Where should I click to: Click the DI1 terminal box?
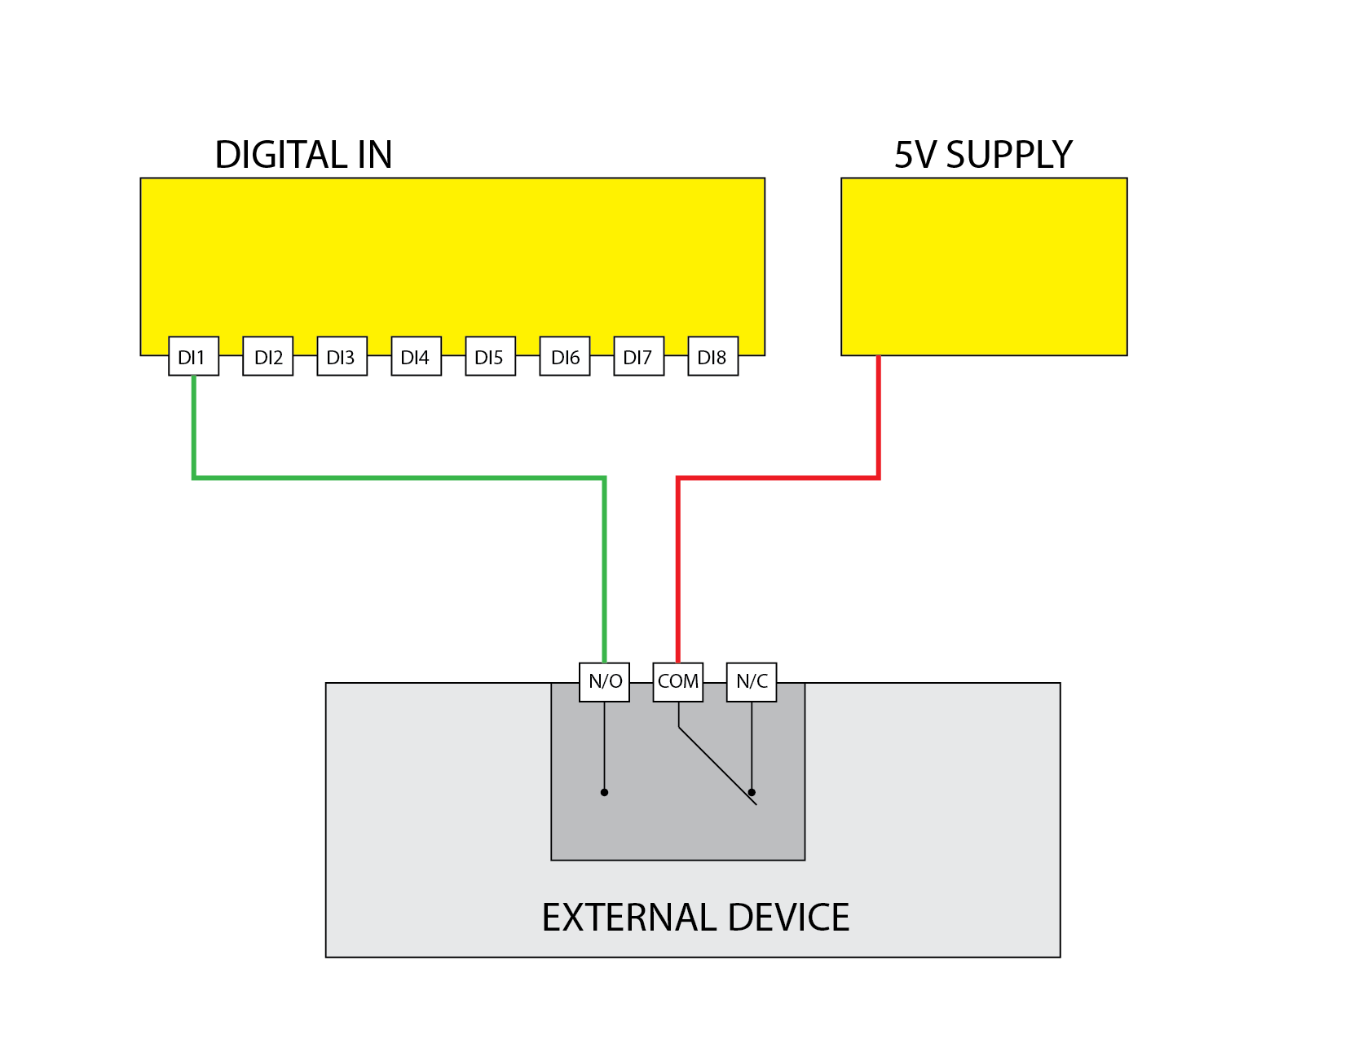coord(193,356)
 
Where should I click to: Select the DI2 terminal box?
coord(268,356)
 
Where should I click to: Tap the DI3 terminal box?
coord(342,356)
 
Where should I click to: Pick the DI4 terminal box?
coord(416,356)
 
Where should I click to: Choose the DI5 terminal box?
coord(490,356)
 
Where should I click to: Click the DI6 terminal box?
coord(565,356)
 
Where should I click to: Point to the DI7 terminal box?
coord(638,356)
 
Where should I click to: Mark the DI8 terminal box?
coord(712,356)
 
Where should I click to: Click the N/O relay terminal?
coord(604,681)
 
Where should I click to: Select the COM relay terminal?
coord(678,681)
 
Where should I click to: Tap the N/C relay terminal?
coord(752,681)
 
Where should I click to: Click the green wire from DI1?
coord(399,478)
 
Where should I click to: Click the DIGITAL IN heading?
coord(303,155)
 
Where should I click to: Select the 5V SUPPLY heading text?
coord(983,155)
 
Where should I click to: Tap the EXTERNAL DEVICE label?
coord(695,918)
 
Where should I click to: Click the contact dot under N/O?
coord(604,792)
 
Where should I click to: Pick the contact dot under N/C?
coord(752,792)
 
